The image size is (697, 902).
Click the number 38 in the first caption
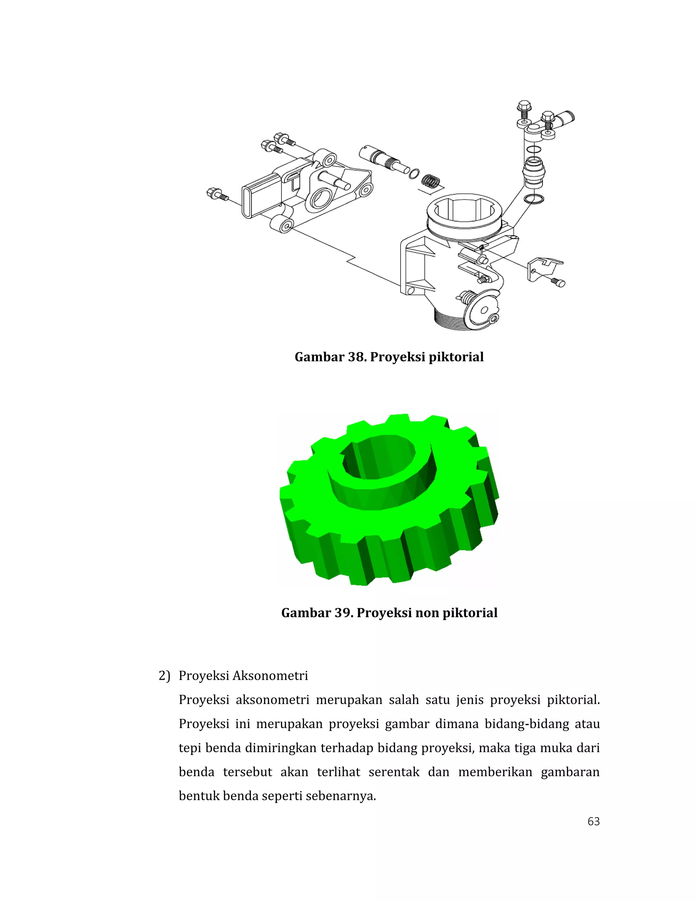[356, 357]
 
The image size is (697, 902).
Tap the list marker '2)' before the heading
[164, 676]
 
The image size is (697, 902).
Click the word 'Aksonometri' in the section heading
[270, 676]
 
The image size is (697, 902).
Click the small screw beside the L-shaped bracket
[558, 282]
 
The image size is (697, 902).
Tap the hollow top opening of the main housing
[465, 211]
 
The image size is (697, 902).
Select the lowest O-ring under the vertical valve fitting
[534, 199]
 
